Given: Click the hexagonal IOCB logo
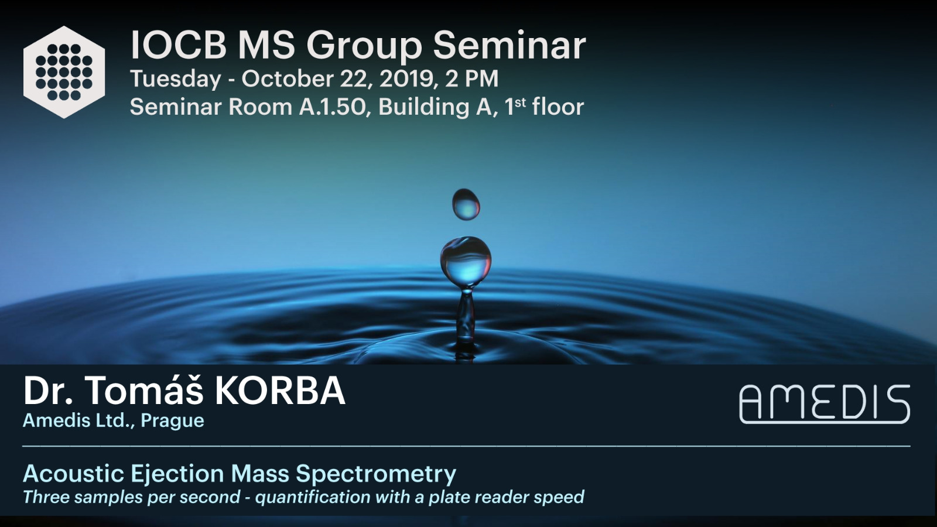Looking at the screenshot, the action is click(64, 73).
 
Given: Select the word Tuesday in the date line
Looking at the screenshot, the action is click(175, 80).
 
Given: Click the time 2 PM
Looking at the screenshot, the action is click(472, 78).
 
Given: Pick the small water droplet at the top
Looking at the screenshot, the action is click(466, 204).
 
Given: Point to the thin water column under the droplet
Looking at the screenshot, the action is click(465, 318).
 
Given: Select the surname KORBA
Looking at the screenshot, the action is click(281, 391).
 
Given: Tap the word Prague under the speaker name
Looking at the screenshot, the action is click(172, 421).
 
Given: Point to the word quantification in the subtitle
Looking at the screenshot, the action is click(313, 497).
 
